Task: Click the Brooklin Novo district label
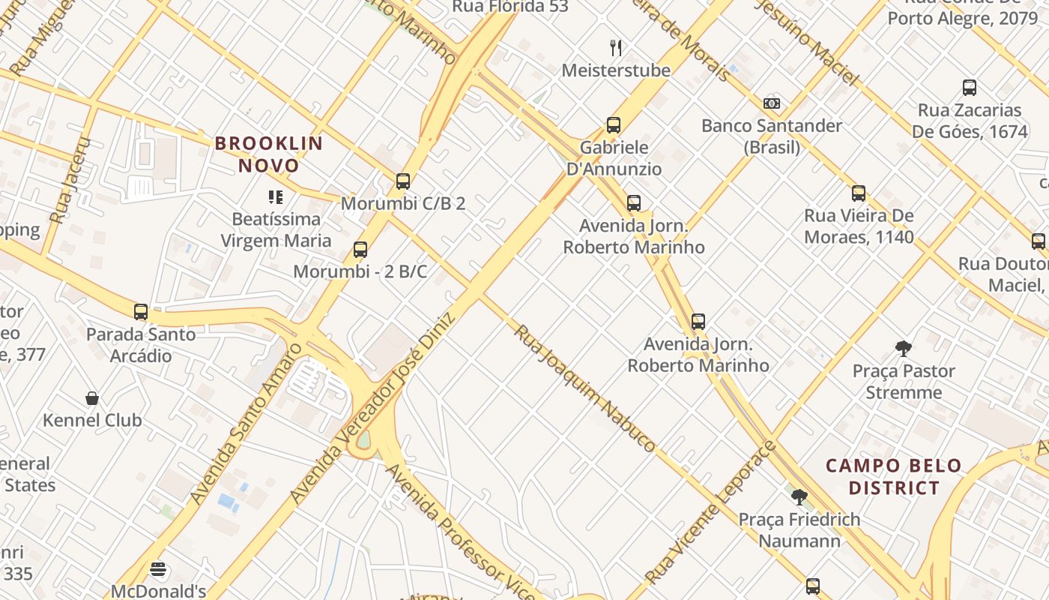(269, 154)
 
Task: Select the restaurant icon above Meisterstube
(616, 48)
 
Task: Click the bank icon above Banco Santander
(772, 103)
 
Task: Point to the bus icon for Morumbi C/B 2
(403, 181)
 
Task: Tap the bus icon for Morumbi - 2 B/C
(360, 249)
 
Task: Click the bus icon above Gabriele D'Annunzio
(614, 124)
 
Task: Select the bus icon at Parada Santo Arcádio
(141, 311)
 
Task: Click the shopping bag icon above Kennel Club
(92, 397)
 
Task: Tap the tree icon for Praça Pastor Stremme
(904, 348)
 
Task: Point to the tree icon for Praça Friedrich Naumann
(799, 496)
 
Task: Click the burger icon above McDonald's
(157, 569)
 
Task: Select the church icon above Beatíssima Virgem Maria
(276, 197)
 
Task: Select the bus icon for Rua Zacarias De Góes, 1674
(969, 87)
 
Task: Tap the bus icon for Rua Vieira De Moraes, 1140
(859, 193)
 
